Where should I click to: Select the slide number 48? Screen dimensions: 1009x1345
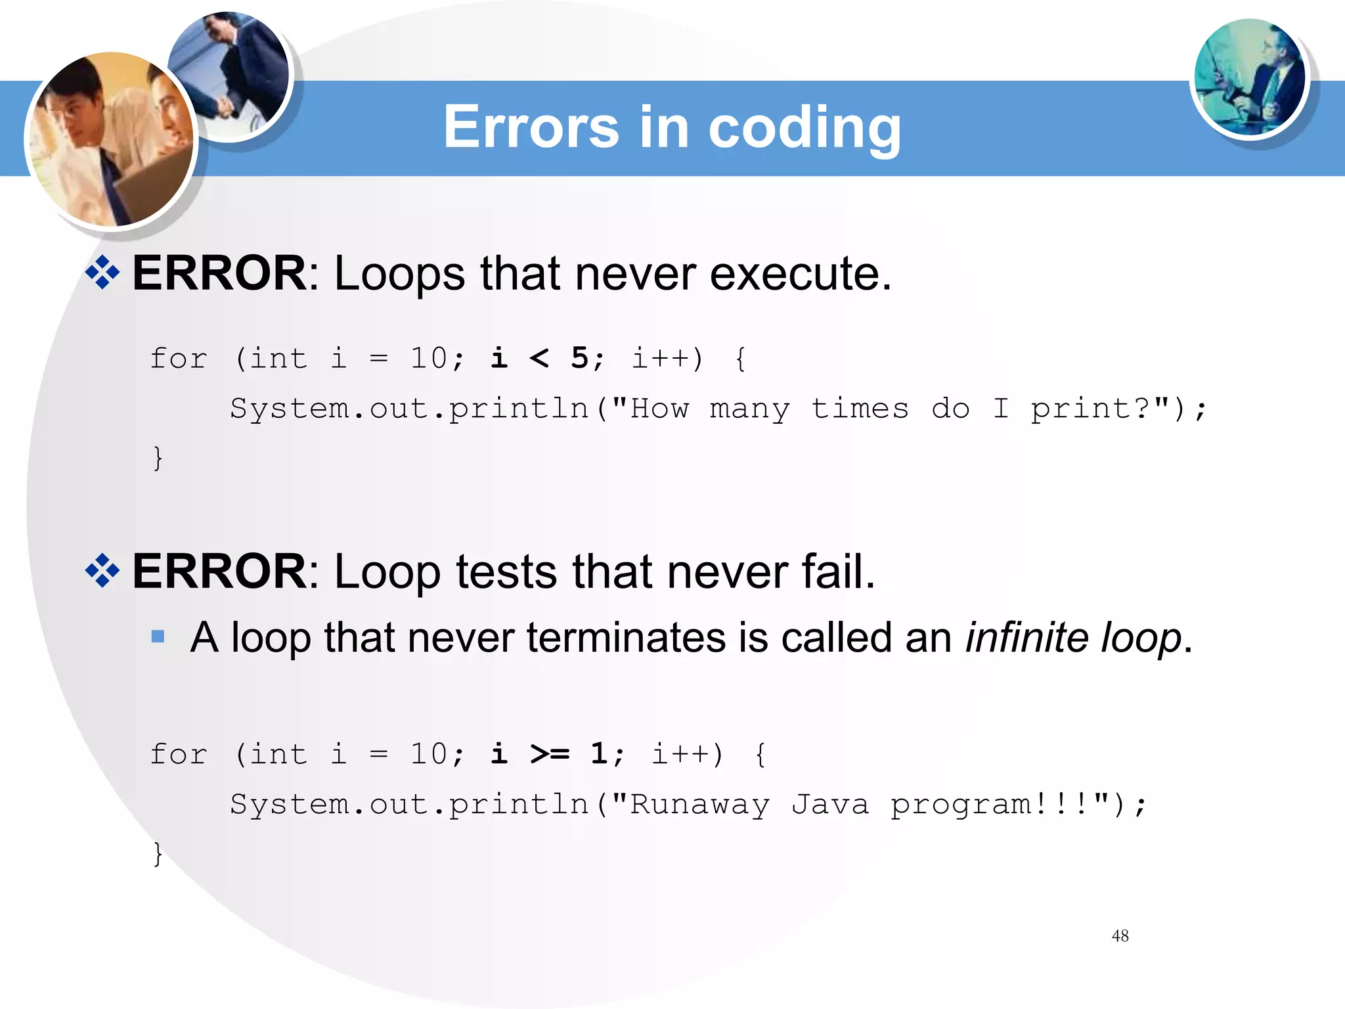[1120, 935]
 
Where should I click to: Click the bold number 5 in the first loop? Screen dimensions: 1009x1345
[579, 358]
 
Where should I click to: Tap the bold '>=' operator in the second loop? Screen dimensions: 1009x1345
[550, 753]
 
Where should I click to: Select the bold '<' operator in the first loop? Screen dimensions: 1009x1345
[539, 358]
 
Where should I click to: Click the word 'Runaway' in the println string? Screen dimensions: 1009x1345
[699, 804]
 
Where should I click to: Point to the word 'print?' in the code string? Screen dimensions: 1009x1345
[1099, 409]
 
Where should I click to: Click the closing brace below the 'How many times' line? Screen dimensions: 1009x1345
[158, 457]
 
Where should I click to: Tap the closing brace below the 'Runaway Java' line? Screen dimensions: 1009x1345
[158, 853]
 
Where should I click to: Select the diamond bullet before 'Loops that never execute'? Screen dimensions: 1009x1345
[102, 273]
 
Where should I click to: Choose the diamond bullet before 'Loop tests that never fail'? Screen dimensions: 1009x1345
[102, 570]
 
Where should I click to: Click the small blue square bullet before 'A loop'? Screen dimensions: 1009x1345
[158, 636]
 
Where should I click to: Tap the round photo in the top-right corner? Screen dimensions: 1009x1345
[1249, 78]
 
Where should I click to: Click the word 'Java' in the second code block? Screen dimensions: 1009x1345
[829, 804]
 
